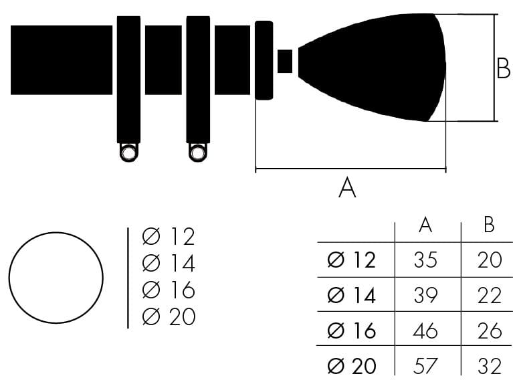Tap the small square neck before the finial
pyautogui.click(x=285, y=61)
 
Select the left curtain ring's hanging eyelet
pyautogui.click(x=129, y=153)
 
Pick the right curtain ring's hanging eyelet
pyautogui.click(x=197, y=153)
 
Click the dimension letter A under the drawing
pyautogui.click(x=347, y=187)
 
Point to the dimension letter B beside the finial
pyautogui.click(x=503, y=68)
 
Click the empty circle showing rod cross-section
pyautogui.click(x=56, y=278)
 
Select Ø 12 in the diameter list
pyautogui.click(x=169, y=236)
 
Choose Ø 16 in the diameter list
pyautogui.click(x=169, y=290)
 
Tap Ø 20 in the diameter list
pyautogui.click(x=169, y=316)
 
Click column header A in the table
pyautogui.click(x=425, y=225)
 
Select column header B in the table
pyautogui.click(x=489, y=225)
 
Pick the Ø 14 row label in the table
pyautogui.click(x=351, y=295)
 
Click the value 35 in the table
pyautogui.click(x=425, y=260)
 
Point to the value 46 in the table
pyautogui.click(x=425, y=330)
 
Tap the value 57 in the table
pyautogui.click(x=425, y=365)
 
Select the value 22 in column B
pyautogui.click(x=490, y=295)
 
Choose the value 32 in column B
pyautogui.click(x=490, y=365)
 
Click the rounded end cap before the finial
pyautogui.click(x=264, y=60)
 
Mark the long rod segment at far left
pyautogui.click(x=62, y=60)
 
